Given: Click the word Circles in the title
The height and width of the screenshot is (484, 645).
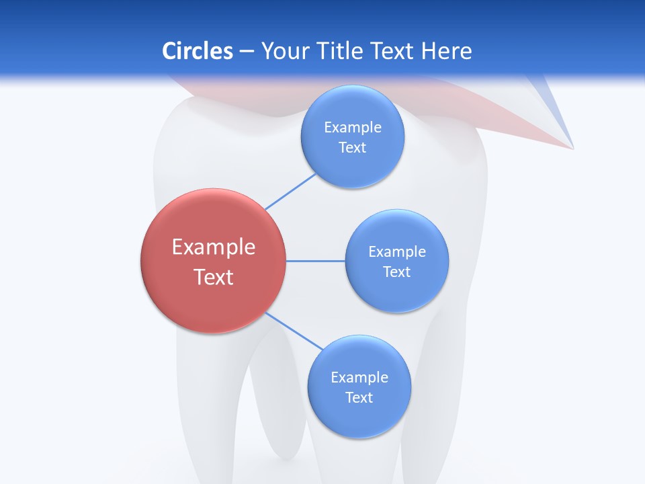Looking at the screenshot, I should [197, 51].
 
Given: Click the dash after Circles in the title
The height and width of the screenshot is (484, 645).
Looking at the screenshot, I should [246, 52].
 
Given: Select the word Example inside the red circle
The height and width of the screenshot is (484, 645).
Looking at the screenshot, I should [214, 247].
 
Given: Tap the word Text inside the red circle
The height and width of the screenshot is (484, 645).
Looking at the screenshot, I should [214, 277].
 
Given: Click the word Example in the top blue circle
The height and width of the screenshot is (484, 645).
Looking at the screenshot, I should [353, 128].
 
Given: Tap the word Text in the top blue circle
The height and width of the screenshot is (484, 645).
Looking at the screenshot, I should [353, 148].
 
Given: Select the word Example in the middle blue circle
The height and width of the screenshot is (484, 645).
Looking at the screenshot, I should [397, 252].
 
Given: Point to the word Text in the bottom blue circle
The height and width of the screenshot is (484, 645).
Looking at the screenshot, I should [359, 398].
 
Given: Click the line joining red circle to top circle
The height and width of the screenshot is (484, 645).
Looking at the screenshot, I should [290, 192].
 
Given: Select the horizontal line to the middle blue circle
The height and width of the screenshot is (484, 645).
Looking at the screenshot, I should [316, 261].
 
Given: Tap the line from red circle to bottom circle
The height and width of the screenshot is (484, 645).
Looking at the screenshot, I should [294, 331].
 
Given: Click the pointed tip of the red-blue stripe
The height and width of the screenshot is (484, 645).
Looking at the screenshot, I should [572, 147].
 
